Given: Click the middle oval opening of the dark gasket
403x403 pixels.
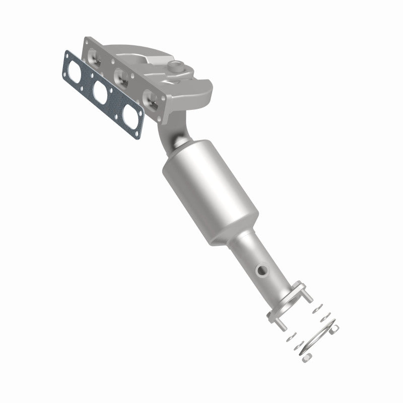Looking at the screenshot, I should (x=101, y=92).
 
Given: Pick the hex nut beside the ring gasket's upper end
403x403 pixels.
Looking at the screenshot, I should (x=334, y=329).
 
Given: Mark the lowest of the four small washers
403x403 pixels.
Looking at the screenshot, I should (x=298, y=345).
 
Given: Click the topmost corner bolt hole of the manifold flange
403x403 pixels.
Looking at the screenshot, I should (x=90, y=42).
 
